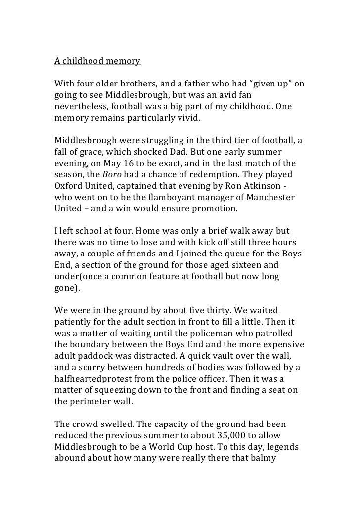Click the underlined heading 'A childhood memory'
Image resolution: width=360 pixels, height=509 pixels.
[97, 62]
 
